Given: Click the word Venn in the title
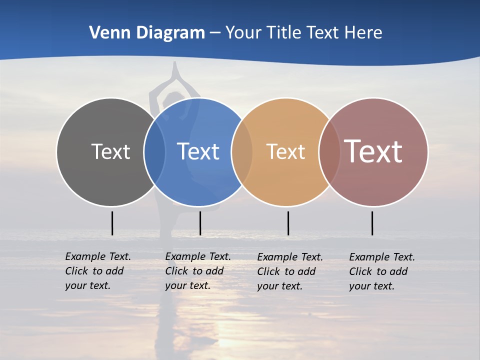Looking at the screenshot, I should [106, 33].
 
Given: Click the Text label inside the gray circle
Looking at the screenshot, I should [110, 151].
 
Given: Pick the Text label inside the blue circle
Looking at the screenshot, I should [198, 151].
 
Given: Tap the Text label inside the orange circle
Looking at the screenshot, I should [285, 151].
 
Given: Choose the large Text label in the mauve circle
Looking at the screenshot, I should [373, 151].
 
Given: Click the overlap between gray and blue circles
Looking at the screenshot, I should [154, 151].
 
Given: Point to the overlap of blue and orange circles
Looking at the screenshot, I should [242, 151].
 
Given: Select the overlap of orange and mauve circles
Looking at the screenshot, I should [329, 151].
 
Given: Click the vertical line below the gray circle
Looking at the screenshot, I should [112, 223].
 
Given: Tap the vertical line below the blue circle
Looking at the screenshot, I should [200, 223].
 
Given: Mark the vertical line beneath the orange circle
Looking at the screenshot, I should [288, 223].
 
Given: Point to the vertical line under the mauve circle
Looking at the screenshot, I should [372, 223].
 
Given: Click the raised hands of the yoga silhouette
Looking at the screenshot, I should [174, 70].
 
